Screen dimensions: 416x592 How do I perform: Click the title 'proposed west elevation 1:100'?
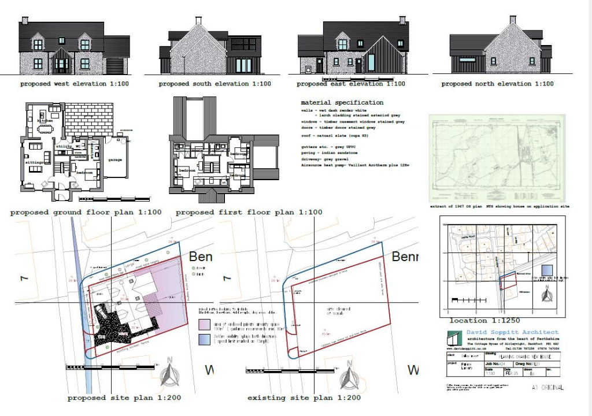(75, 84)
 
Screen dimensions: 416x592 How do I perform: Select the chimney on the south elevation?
(198, 21)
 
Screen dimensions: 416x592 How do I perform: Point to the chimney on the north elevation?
(512, 20)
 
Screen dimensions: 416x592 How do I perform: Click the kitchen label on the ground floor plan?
(45, 120)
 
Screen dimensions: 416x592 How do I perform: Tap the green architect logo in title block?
(456, 336)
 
